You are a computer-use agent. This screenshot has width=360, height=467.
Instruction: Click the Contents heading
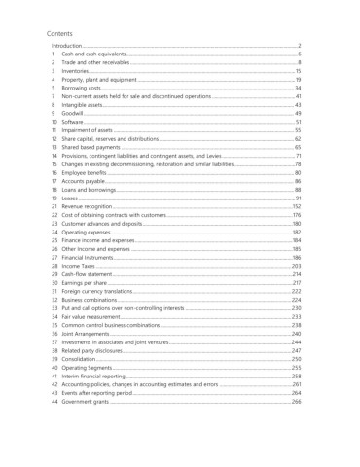pyautogui.click(x=60, y=33)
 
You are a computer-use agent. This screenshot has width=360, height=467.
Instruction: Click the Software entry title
pyautogui.click(x=74, y=122)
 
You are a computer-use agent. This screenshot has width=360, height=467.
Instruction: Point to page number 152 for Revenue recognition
pyautogui.click(x=296, y=206)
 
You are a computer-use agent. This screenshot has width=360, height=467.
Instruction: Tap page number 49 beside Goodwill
pyautogui.click(x=298, y=114)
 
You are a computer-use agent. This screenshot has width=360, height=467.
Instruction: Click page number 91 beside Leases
pyautogui.click(x=298, y=198)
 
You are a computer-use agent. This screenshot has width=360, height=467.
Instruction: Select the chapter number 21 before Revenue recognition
pyautogui.click(x=54, y=206)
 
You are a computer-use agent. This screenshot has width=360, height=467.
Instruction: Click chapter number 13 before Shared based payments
pyautogui.click(x=54, y=147)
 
